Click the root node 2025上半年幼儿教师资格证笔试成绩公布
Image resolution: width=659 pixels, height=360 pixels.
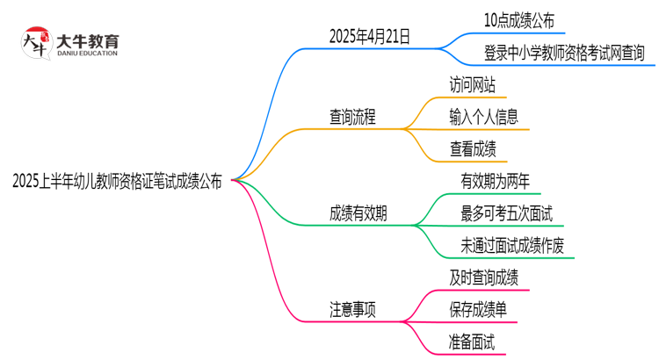click(x=118, y=183)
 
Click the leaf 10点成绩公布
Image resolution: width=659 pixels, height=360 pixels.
click(x=519, y=20)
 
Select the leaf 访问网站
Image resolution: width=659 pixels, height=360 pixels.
click(x=472, y=86)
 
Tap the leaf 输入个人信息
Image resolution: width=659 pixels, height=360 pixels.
click(x=483, y=117)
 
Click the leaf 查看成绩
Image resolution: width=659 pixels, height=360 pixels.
click(x=472, y=149)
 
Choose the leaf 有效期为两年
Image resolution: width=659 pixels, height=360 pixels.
click(x=496, y=181)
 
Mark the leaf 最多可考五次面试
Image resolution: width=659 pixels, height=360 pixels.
click(x=506, y=212)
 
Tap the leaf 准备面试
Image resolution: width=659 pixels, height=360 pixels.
click(x=472, y=341)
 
